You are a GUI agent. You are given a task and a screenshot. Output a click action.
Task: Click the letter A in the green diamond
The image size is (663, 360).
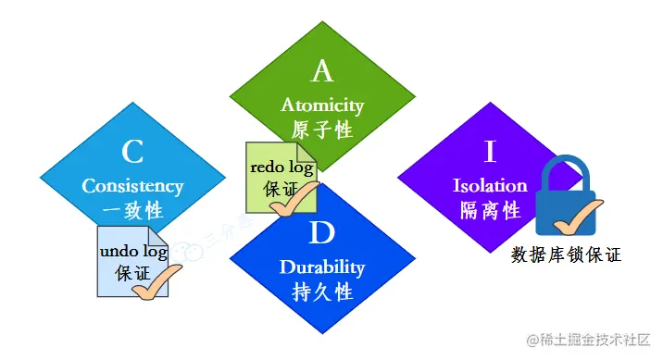tap(322, 70)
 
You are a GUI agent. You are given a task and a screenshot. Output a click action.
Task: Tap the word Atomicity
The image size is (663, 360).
tap(322, 105)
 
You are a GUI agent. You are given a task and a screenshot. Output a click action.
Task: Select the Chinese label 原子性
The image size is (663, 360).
tap(322, 130)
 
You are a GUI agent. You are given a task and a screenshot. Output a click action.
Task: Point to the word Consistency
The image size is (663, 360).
tap(132, 185)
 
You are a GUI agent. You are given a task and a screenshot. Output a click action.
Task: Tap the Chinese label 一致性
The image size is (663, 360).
tap(132, 210)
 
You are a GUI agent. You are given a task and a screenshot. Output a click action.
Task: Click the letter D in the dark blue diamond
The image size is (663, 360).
tap(322, 232)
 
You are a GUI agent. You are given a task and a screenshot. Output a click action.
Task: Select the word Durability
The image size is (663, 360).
tap(322, 267)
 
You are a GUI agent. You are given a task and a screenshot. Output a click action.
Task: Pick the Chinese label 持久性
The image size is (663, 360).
tap(322, 292)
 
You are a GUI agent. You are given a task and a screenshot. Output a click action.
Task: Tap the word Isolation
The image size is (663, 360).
tap(490, 185)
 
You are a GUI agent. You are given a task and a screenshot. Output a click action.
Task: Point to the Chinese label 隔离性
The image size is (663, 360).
tap(490, 210)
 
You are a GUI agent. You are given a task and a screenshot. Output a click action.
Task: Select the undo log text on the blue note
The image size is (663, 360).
tap(132, 252)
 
